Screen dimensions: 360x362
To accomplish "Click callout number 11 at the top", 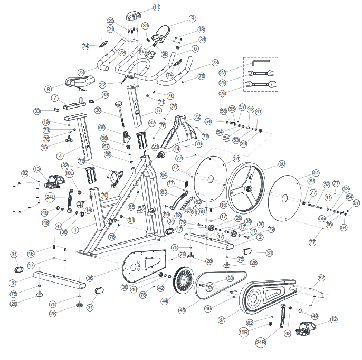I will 157,7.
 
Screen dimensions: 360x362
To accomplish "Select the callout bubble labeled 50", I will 282,164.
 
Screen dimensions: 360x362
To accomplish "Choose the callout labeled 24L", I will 50,197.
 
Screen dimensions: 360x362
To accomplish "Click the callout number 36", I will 90,278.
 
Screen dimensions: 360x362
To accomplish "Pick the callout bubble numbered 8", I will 48,90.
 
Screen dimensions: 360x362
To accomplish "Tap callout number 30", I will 98,110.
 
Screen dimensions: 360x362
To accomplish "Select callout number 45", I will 183,310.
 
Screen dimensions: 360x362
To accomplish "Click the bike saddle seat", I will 79,82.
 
